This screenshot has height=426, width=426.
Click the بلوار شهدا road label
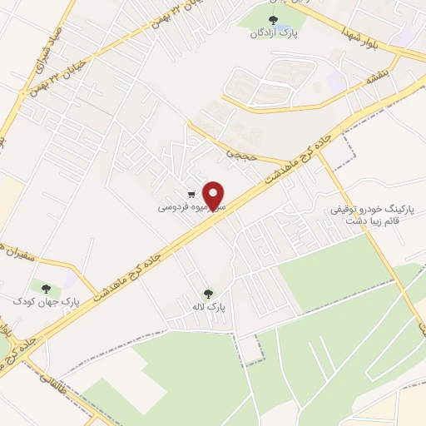tap(360, 37)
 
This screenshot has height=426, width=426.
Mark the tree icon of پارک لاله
tap(208, 293)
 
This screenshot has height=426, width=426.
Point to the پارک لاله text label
tap(209, 308)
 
